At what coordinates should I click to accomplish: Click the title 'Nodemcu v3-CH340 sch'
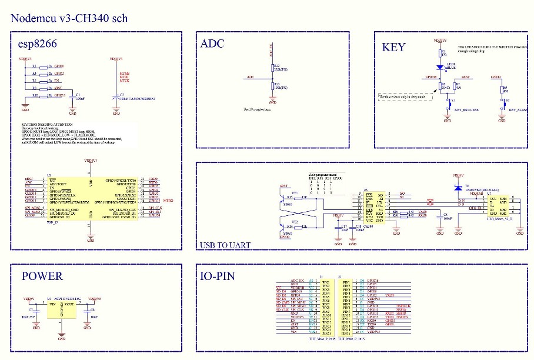(69, 18)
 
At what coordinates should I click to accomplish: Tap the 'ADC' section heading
(212, 44)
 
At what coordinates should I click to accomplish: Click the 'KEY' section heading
(393, 46)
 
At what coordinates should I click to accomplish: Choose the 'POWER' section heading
(42, 276)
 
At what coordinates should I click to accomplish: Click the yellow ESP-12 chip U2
(90, 199)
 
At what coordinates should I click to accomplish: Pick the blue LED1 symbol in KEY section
(439, 67)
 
